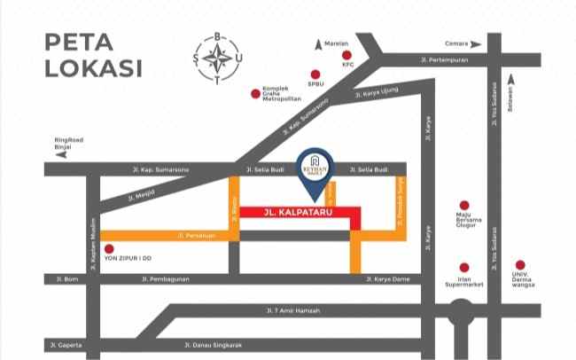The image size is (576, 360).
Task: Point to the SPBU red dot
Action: click(x=315, y=74)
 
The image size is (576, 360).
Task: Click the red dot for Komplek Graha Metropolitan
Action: click(x=255, y=92)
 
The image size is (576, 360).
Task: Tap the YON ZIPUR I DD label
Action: click(x=128, y=258)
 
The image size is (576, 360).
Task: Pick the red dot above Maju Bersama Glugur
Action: click(x=463, y=205)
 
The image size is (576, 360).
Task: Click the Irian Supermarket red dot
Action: click(x=463, y=266)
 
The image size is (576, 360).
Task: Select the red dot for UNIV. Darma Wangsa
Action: click(x=520, y=265)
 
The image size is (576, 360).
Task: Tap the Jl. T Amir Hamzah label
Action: click(x=292, y=310)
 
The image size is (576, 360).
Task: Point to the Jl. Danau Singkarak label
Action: click(x=211, y=344)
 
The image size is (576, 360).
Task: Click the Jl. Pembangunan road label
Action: click(x=166, y=279)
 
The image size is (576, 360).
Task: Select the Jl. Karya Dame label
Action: click(x=387, y=279)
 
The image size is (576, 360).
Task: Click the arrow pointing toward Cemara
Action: click(x=476, y=43)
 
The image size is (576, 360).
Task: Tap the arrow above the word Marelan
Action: click(x=317, y=42)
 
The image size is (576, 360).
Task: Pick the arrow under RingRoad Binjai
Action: click(x=61, y=154)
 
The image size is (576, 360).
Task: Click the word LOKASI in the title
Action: click(x=94, y=67)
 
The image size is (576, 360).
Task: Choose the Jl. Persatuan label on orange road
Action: click(x=192, y=235)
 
